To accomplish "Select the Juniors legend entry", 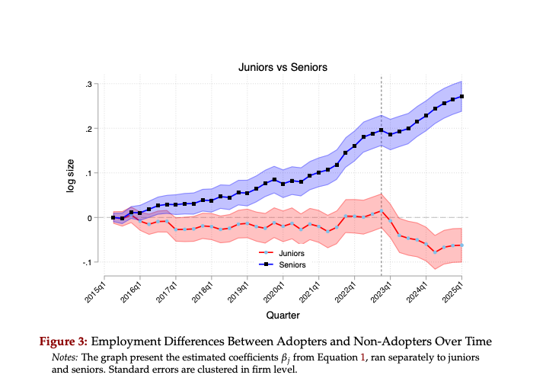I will tap(292, 252).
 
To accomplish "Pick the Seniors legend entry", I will tap(292, 264).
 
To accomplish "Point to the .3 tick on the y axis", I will tap(89, 84).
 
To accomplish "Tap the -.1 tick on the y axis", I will tap(88, 263).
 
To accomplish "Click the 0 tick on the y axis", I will tap(91, 218).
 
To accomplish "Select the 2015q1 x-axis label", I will tap(95, 290).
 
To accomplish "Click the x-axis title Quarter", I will tap(282, 314).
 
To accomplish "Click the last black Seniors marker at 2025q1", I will tap(462, 97).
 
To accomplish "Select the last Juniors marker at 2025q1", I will tap(462, 245).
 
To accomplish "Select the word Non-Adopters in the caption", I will tap(383, 340).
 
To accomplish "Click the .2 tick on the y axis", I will tap(89, 129).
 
